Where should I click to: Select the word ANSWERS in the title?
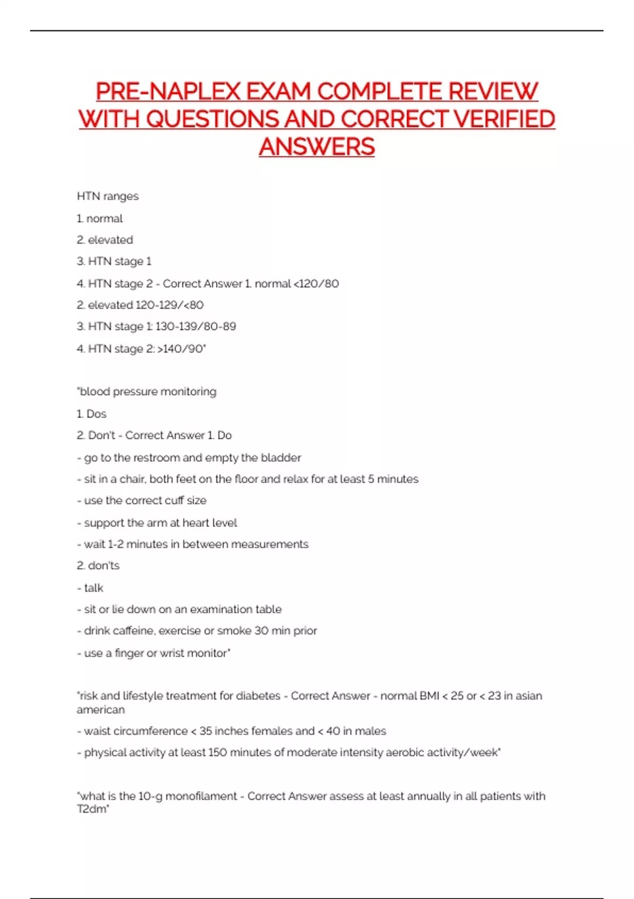(x=317, y=146)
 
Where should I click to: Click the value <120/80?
(x=316, y=283)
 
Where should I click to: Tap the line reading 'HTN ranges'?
(x=108, y=196)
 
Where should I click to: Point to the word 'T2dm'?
(x=91, y=810)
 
